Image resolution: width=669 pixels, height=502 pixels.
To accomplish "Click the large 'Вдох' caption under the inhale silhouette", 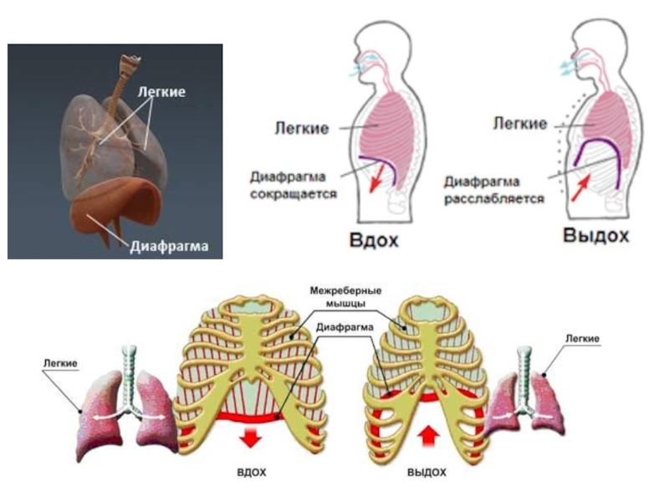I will pyautogui.click(x=374, y=241).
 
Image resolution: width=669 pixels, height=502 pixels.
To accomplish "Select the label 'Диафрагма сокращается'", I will pyautogui.click(x=293, y=185).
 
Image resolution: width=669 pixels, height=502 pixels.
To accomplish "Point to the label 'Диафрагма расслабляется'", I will pyautogui.click(x=494, y=190).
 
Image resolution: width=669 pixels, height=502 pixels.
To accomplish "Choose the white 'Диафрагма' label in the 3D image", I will pyautogui.click(x=168, y=246).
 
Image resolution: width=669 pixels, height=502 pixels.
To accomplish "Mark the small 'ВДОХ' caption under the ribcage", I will pyautogui.click(x=251, y=473).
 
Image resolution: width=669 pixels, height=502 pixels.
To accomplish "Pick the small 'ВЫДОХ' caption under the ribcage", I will pyautogui.click(x=426, y=473).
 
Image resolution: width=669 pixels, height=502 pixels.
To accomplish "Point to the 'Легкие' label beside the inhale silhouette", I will pyautogui.click(x=302, y=128).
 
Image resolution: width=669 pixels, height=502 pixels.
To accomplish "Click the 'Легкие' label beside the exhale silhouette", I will pyautogui.click(x=519, y=124).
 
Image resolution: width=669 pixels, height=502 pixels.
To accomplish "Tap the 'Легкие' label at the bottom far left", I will pyautogui.click(x=59, y=363).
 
